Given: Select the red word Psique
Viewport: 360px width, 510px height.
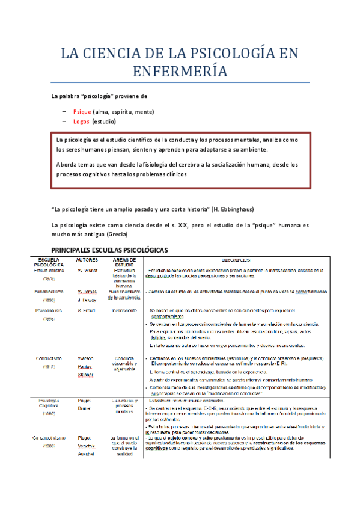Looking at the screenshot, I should (x=81, y=111).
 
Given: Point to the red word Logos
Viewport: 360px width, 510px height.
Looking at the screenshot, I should (x=81, y=121).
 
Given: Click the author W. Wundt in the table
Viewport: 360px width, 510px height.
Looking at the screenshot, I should (x=87, y=271).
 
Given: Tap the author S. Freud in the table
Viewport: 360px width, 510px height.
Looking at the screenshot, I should (x=86, y=310).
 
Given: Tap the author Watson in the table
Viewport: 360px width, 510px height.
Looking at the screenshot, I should (x=86, y=358).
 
